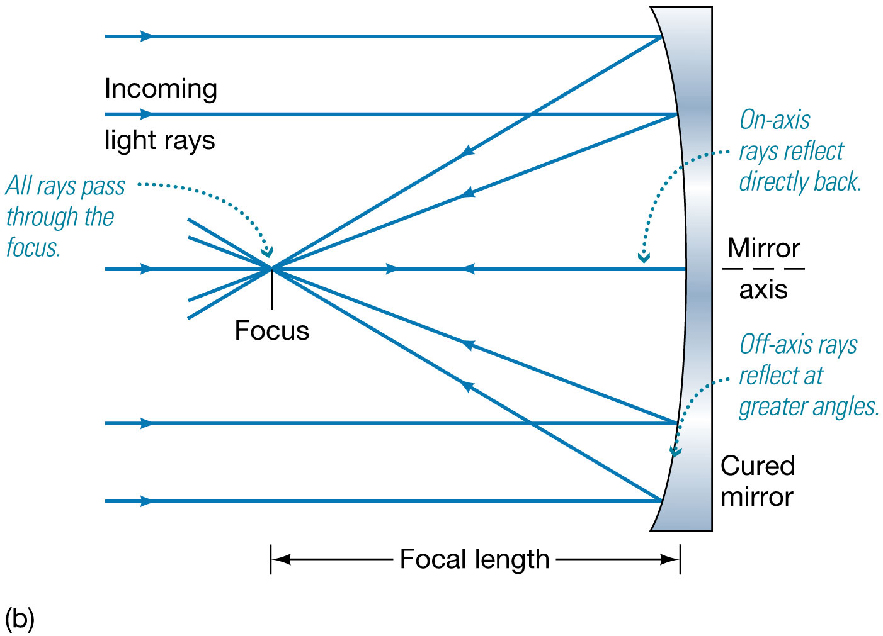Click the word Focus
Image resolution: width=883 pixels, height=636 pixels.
[x=271, y=331]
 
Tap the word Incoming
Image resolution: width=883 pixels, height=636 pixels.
[x=161, y=89]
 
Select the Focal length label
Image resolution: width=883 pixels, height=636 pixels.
[x=474, y=559]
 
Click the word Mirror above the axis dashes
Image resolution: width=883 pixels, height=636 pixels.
[x=763, y=248]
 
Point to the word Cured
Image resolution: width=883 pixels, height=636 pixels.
[x=758, y=466]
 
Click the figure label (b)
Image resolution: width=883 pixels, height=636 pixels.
[x=19, y=619]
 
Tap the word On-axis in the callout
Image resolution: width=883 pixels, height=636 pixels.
[x=774, y=120]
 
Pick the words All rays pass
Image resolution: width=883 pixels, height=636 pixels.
[x=66, y=186]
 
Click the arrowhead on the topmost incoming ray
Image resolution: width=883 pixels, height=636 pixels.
[x=146, y=36]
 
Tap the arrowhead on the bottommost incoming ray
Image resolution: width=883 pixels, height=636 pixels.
[x=146, y=501]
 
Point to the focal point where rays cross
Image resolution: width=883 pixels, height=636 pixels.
[x=272, y=269]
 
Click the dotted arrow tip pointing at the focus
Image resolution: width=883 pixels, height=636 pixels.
[x=268, y=254]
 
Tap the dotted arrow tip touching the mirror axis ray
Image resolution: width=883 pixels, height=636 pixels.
[x=643, y=257]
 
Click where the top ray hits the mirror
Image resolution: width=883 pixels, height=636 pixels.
[x=662, y=36]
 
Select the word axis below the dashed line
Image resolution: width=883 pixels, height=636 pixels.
[x=763, y=290]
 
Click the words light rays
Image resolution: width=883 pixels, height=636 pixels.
[x=159, y=140]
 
